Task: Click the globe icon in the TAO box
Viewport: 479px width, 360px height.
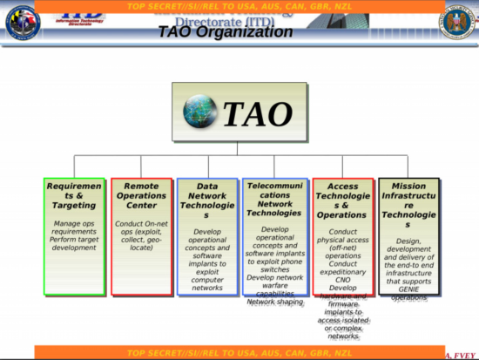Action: tap(200, 112)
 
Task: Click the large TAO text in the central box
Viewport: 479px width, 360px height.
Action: tap(258, 113)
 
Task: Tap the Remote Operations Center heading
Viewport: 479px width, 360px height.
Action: tap(141, 195)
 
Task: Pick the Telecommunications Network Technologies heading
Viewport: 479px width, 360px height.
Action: tap(273, 200)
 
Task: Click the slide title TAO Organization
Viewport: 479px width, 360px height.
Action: tap(225, 32)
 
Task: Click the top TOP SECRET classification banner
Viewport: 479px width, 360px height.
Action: tap(239, 5)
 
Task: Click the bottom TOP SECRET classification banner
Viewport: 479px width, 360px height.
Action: tap(239, 353)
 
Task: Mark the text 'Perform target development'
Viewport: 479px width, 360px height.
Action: tap(74, 243)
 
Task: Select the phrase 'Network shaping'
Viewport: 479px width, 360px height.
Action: tap(273, 302)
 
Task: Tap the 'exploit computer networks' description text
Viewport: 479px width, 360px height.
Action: tap(207, 279)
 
